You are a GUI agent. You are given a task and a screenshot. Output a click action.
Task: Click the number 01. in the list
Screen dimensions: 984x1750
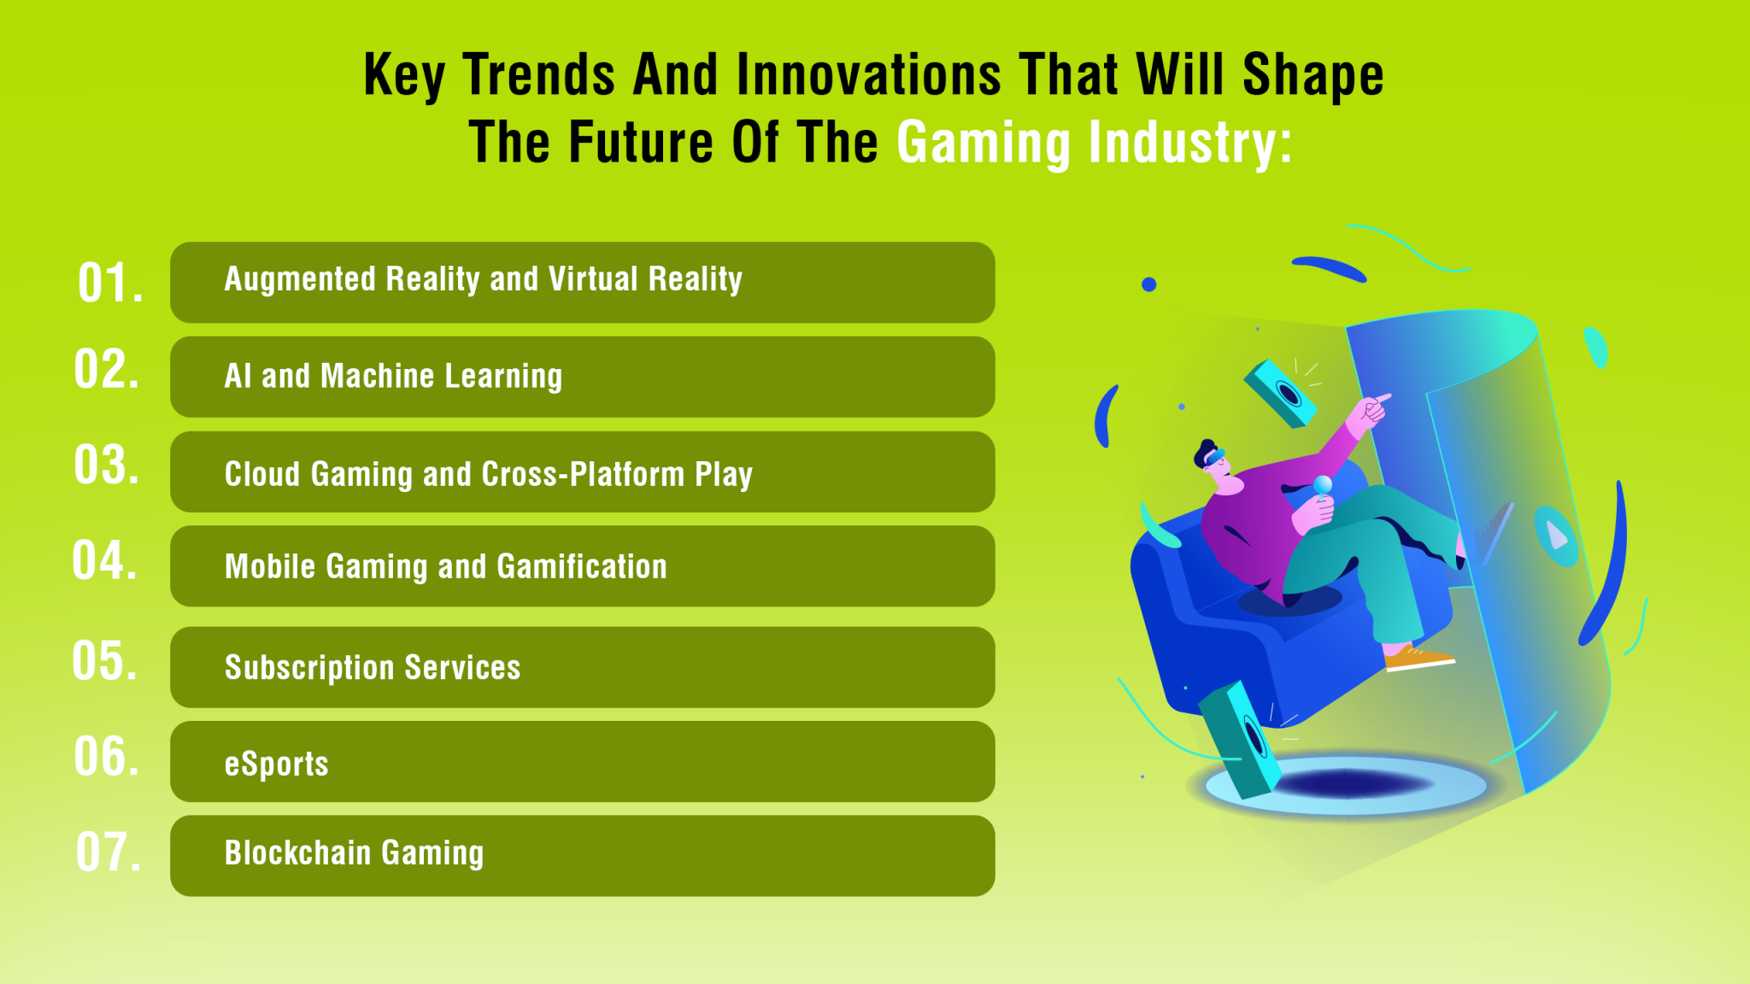(110, 283)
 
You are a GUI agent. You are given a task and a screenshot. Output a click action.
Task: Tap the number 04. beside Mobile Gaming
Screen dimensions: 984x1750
(105, 561)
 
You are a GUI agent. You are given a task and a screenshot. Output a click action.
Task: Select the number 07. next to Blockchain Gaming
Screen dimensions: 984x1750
(109, 852)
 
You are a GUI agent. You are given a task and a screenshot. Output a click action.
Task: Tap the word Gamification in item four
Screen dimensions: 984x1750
(581, 566)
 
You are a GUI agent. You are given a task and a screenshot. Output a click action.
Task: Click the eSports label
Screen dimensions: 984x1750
(276, 764)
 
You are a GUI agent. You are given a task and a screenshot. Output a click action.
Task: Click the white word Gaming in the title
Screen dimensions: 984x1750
(983, 142)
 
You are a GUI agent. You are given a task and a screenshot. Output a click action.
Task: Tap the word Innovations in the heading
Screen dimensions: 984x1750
(868, 75)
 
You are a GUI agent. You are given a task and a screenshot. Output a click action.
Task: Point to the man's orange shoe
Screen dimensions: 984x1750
(1417, 657)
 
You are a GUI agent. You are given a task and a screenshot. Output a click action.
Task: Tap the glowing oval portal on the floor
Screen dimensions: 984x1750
(1347, 783)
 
